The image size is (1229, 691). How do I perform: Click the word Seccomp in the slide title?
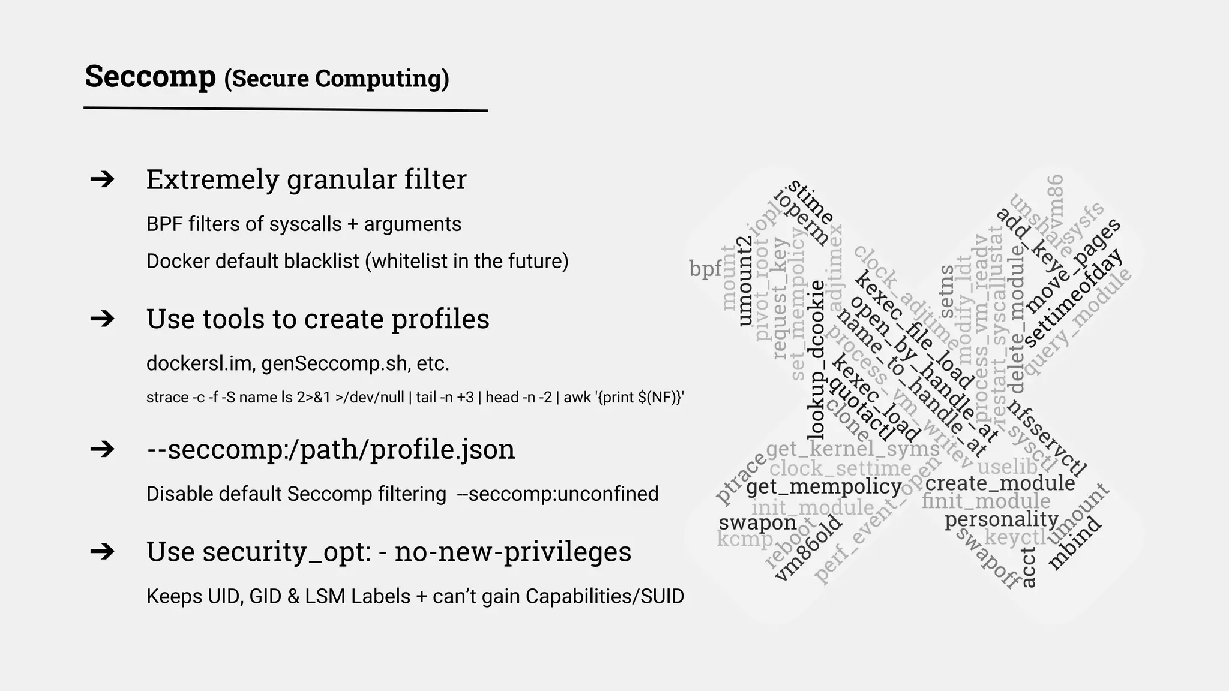[150, 77]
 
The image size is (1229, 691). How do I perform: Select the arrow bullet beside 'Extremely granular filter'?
[102, 179]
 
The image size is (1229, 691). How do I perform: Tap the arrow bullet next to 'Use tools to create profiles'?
[102, 319]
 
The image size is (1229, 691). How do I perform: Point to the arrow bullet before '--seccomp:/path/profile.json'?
[102, 449]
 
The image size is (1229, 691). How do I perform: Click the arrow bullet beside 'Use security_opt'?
[102, 551]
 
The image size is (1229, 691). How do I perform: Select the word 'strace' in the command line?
[166, 398]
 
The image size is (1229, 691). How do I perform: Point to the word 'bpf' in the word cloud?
[705, 269]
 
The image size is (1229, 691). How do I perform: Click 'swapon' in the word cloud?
[757, 522]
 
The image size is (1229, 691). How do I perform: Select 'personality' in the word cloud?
[1002, 519]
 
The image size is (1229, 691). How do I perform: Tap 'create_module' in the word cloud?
[1000, 483]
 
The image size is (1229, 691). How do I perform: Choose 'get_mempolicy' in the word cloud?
[824, 486]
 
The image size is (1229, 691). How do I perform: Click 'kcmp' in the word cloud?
[745, 539]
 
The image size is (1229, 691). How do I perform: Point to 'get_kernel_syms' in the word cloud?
[853, 449]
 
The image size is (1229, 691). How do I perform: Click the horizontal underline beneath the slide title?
[285, 109]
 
